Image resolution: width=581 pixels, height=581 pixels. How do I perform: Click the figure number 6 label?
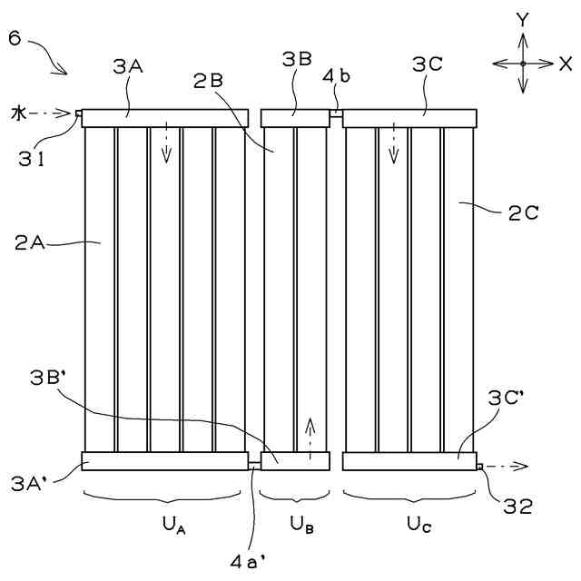pyautogui.click(x=15, y=38)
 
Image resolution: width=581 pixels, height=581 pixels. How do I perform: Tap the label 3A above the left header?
pyautogui.click(x=126, y=65)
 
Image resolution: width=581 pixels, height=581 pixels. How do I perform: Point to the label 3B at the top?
pyautogui.click(x=296, y=60)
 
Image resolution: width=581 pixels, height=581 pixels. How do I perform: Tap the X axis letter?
pyautogui.click(x=566, y=64)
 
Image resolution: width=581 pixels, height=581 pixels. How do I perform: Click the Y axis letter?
pyautogui.click(x=522, y=19)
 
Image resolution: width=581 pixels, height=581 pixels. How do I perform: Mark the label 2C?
pyautogui.click(x=524, y=213)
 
